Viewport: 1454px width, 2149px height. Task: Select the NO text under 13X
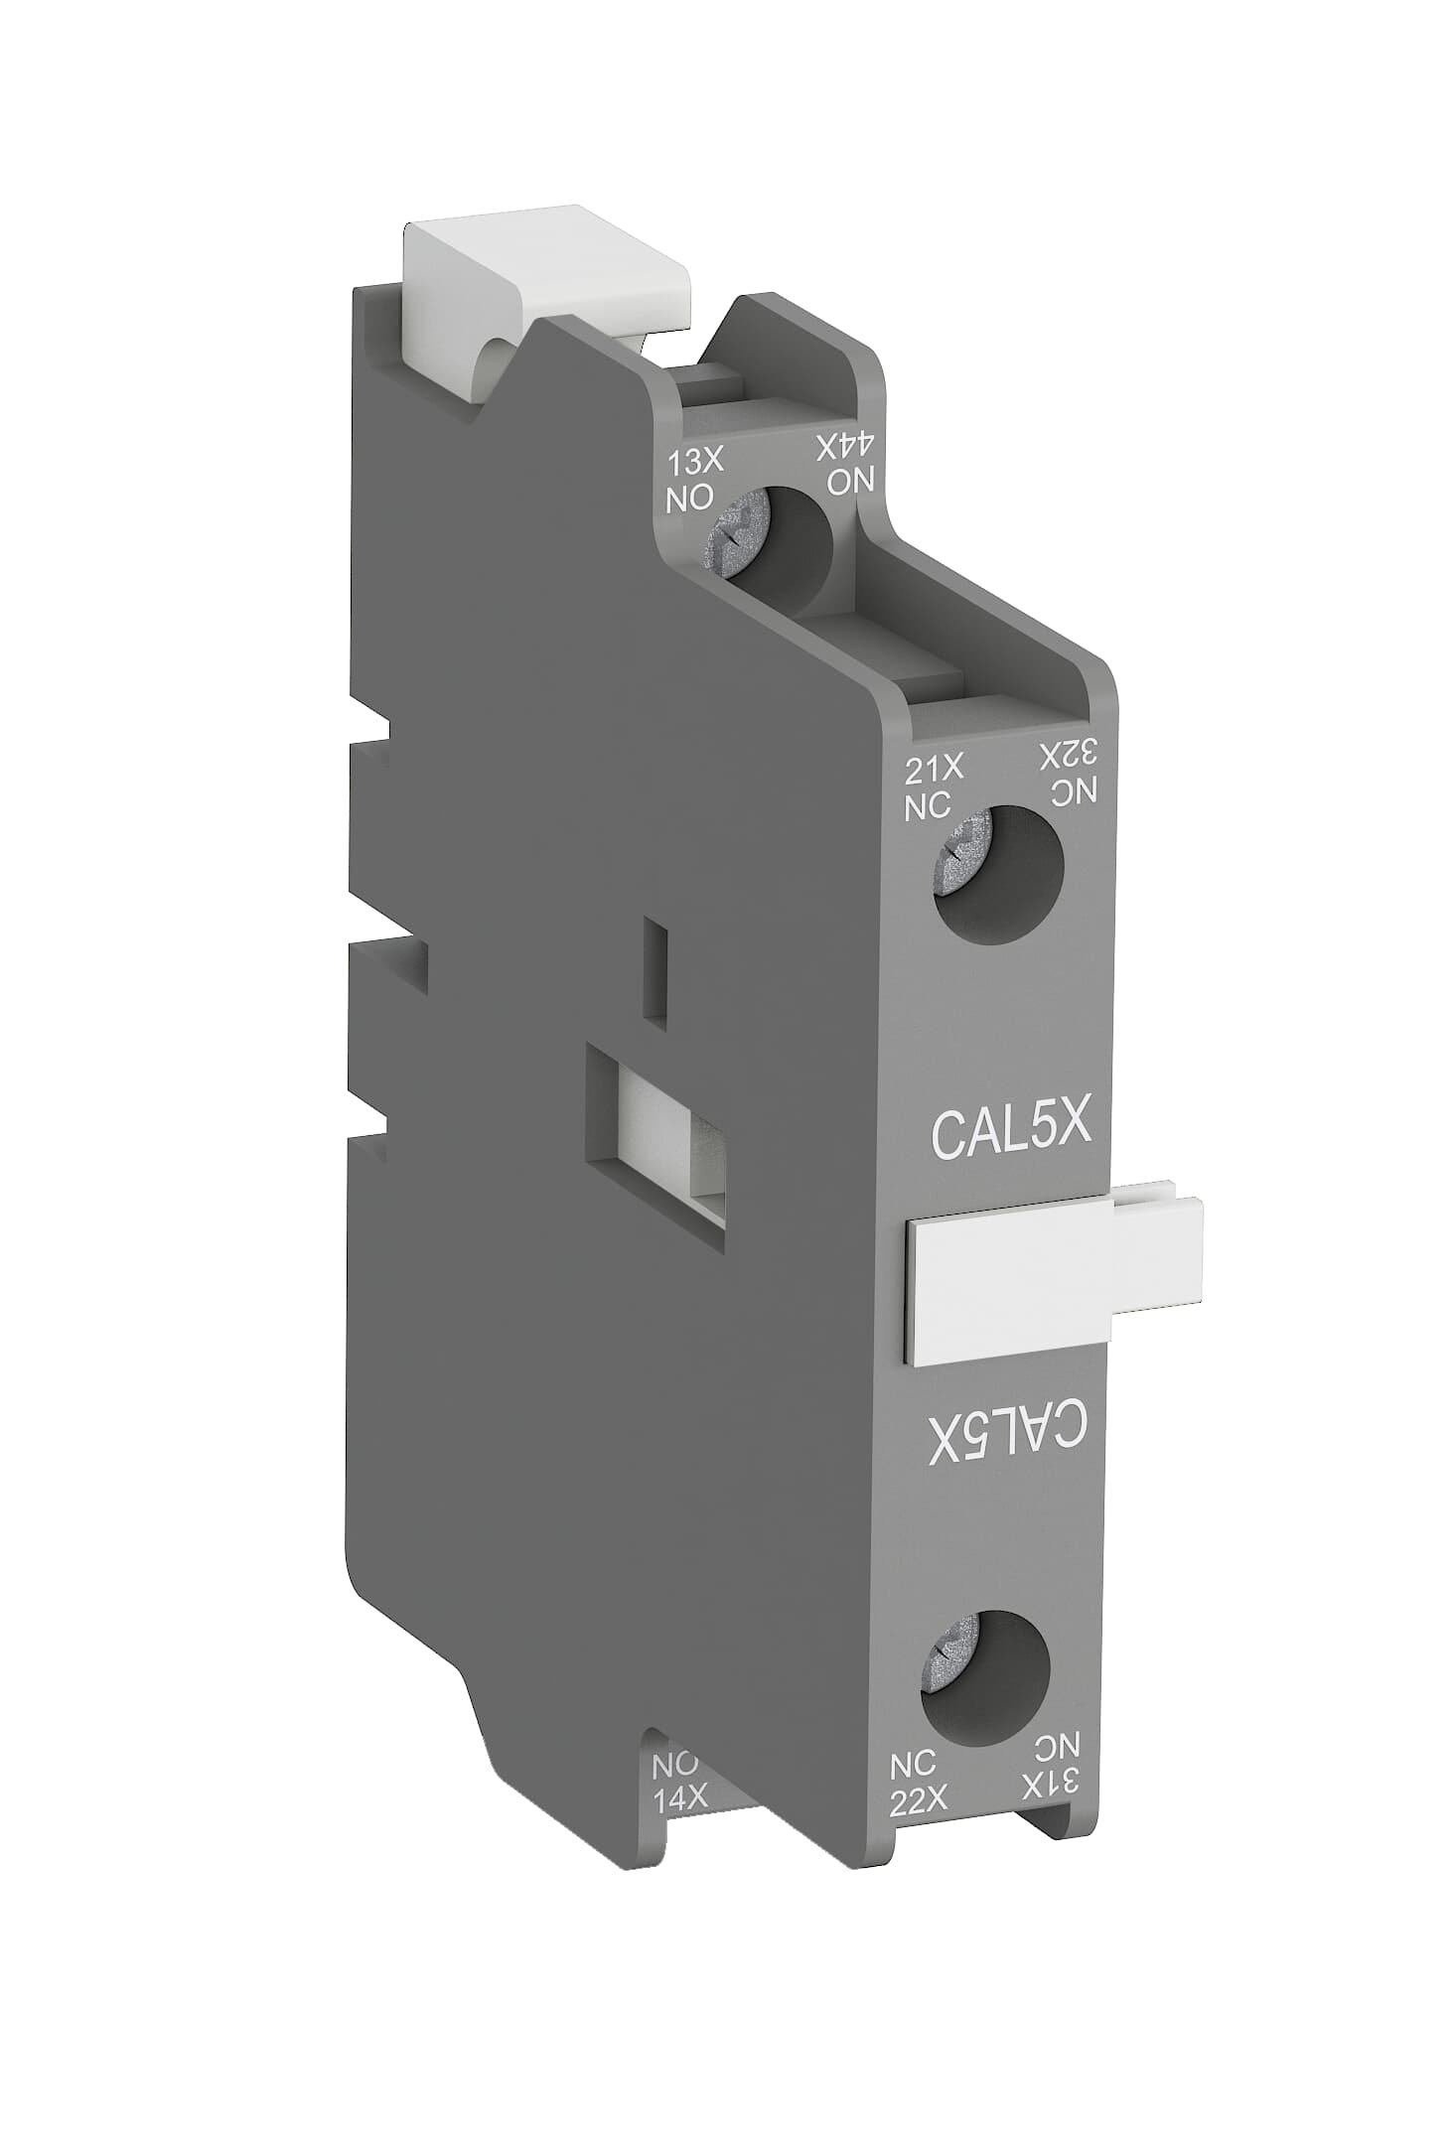pos(688,497)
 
